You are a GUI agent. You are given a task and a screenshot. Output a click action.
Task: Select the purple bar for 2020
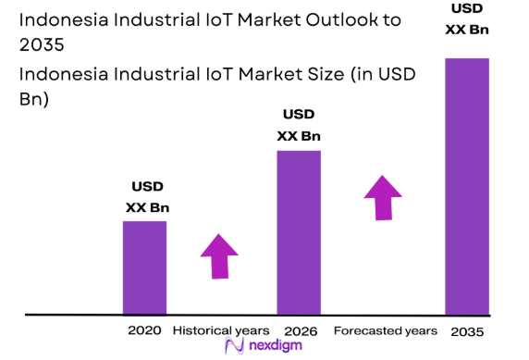(x=145, y=267)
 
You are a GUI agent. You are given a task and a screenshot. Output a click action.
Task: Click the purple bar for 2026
(x=299, y=231)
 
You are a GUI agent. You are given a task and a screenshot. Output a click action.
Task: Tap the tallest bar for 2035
(x=466, y=185)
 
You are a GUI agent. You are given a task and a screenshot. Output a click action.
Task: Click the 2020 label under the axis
(x=144, y=330)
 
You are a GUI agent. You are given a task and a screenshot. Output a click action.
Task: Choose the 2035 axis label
(x=466, y=331)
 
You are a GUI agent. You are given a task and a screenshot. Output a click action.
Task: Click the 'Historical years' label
(x=221, y=330)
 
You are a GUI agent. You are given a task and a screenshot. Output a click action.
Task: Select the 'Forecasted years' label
(x=385, y=330)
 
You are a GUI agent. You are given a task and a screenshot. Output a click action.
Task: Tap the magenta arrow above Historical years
(x=219, y=254)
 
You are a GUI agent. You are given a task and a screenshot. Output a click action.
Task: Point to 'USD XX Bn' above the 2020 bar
(x=147, y=196)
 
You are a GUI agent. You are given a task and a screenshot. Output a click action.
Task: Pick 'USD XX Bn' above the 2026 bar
(x=299, y=125)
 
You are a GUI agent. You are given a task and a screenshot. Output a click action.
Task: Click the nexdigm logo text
(x=273, y=347)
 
